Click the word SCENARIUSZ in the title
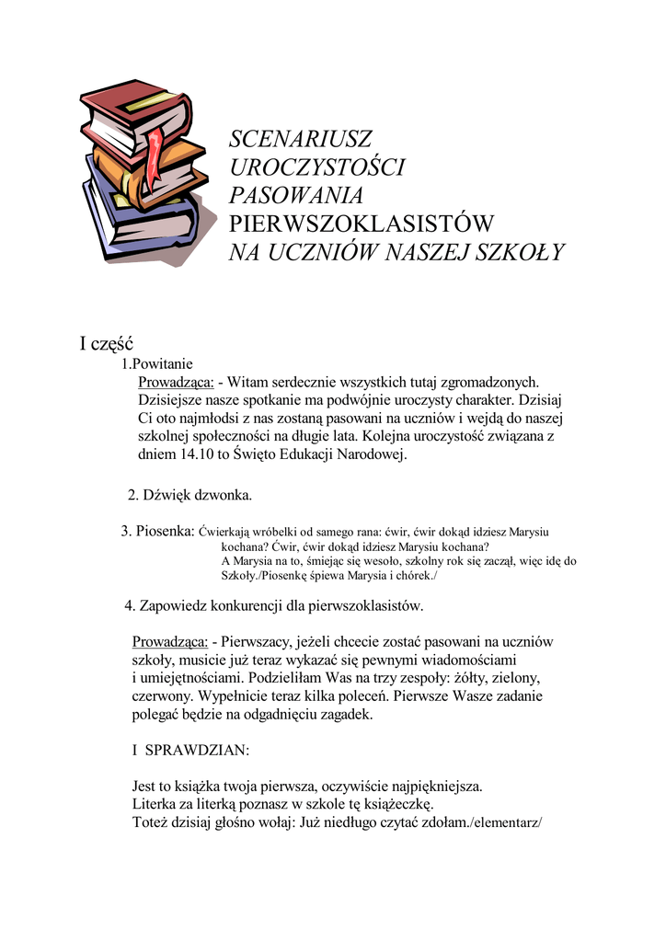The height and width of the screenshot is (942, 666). (300, 140)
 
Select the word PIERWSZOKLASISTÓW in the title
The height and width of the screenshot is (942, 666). (362, 224)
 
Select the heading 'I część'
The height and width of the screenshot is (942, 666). (106, 344)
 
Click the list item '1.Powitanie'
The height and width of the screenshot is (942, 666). (157, 363)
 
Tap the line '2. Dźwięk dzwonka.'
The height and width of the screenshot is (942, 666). (189, 495)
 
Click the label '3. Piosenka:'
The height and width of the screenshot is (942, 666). (158, 531)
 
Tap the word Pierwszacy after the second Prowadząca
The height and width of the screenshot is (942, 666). (265, 641)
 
